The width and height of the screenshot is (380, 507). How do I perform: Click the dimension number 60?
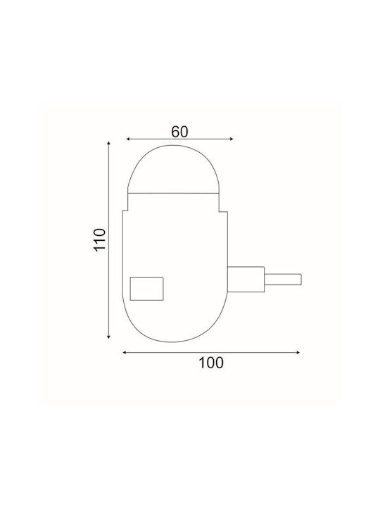click(179, 132)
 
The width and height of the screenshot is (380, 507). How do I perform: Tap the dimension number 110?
click(100, 239)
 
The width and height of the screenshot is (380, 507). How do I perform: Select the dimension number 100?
click(210, 363)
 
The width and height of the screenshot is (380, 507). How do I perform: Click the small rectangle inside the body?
click(146, 289)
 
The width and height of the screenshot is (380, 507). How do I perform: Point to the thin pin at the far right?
click(283, 280)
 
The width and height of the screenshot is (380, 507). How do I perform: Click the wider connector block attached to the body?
click(246, 280)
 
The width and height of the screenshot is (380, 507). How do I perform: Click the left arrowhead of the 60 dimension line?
click(128, 139)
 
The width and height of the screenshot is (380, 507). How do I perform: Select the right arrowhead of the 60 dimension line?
click(232, 139)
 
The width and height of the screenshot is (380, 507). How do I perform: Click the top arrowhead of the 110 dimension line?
click(108, 143)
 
